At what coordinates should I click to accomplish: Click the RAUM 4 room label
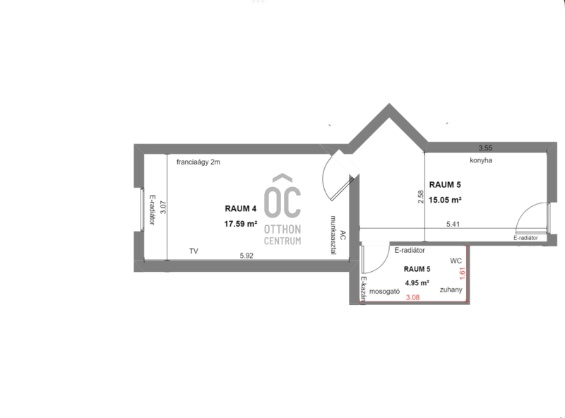click(x=240, y=208)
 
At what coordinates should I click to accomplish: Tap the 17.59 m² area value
click(x=241, y=224)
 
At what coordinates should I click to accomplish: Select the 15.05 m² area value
click(x=445, y=200)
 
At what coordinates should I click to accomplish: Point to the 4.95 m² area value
click(x=417, y=283)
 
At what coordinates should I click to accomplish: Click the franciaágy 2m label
click(x=198, y=162)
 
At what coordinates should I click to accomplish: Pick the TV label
click(x=194, y=251)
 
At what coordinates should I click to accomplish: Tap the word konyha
click(x=481, y=160)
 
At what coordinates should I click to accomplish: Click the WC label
click(x=456, y=261)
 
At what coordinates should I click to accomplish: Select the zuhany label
click(x=451, y=289)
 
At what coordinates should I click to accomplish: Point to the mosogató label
click(x=384, y=292)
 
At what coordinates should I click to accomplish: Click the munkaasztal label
click(x=333, y=235)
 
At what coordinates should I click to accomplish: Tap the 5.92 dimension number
click(x=246, y=256)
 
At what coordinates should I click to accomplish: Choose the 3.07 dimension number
click(x=163, y=207)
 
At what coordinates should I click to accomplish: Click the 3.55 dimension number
click(x=485, y=148)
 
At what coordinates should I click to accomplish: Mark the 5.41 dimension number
click(x=453, y=224)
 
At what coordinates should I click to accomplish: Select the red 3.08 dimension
click(x=412, y=298)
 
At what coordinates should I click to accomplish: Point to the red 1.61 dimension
click(x=463, y=273)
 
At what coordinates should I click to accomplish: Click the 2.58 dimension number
click(x=420, y=197)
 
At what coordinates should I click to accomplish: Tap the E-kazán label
click(x=364, y=289)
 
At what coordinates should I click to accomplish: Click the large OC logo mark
click(x=282, y=197)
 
